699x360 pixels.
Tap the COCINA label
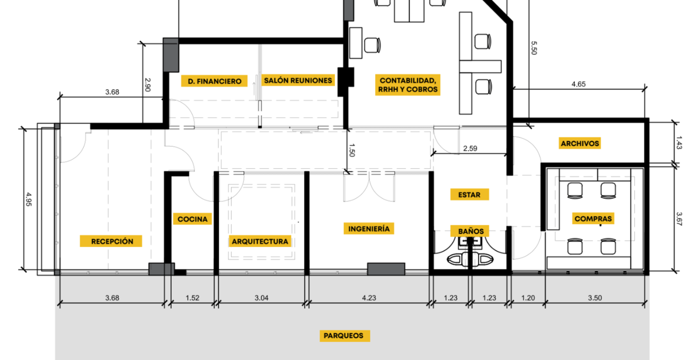(x=193, y=219)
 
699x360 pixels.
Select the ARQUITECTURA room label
(x=260, y=241)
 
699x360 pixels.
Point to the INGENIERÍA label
(x=369, y=229)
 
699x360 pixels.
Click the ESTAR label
(x=469, y=195)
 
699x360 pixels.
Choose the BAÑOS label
(x=471, y=231)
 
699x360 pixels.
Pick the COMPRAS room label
(x=593, y=218)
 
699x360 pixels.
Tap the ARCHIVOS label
(x=580, y=143)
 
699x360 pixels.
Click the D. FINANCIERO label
(x=214, y=81)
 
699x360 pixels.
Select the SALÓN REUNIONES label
(x=298, y=80)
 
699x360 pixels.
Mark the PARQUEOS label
(x=344, y=336)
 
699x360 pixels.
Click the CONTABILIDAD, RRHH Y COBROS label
(x=408, y=85)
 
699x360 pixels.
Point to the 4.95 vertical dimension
(x=29, y=200)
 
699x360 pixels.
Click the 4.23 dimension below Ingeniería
(x=369, y=298)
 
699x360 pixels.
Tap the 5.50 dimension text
(x=534, y=48)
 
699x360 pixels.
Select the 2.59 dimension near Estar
(x=470, y=149)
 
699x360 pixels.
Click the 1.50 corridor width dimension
(x=351, y=150)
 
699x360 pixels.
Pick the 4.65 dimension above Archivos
(x=578, y=84)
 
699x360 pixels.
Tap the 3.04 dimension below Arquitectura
(x=262, y=298)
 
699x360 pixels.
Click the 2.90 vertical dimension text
(x=147, y=85)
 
